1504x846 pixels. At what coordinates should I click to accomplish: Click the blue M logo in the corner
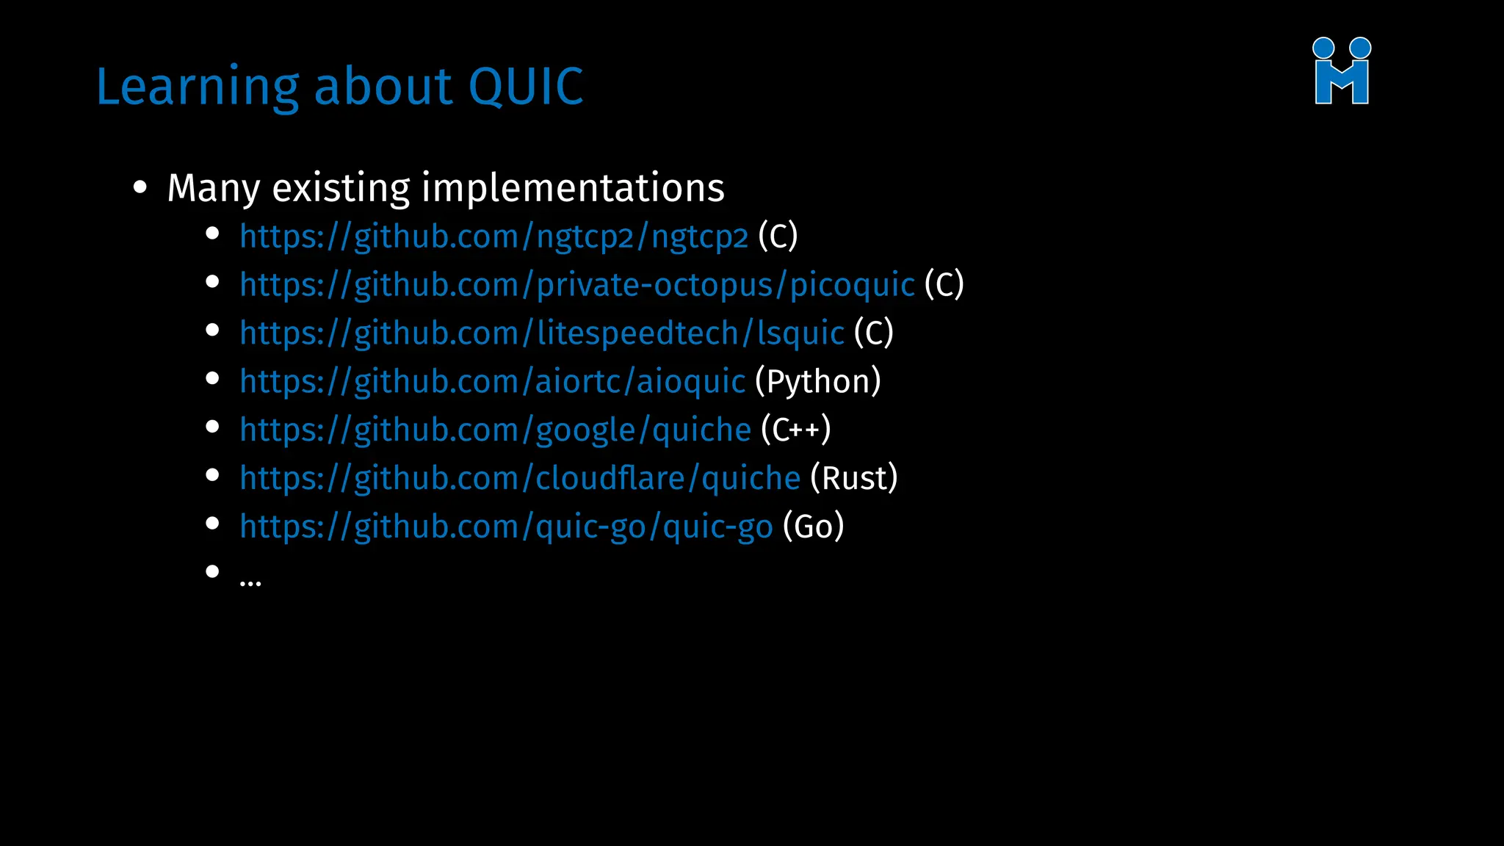(x=1342, y=71)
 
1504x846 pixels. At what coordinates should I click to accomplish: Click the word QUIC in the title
(x=525, y=87)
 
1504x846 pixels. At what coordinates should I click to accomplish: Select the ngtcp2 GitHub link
(x=493, y=237)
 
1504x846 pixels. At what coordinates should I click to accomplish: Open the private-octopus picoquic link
(x=577, y=285)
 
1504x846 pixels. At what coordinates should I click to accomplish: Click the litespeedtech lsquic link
(x=542, y=333)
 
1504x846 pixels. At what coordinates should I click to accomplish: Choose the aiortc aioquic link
(x=492, y=382)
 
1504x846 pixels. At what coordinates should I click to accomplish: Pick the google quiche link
(x=495, y=430)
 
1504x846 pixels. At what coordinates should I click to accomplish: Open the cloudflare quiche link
(x=520, y=479)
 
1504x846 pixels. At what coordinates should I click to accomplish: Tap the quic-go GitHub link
(x=506, y=527)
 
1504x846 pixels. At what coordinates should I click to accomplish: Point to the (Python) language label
(x=818, y=382)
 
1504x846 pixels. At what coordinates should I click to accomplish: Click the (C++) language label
(x=796, y=430)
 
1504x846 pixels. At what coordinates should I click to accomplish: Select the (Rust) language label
(x=854, y=479)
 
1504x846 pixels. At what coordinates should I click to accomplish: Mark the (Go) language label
(x=814, y=527)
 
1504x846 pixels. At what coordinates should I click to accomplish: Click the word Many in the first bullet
(x=214, y=189)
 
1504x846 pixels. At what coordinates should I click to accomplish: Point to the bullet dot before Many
(x=140, y=187)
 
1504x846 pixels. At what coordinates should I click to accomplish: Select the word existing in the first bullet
(x=341, y=188)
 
